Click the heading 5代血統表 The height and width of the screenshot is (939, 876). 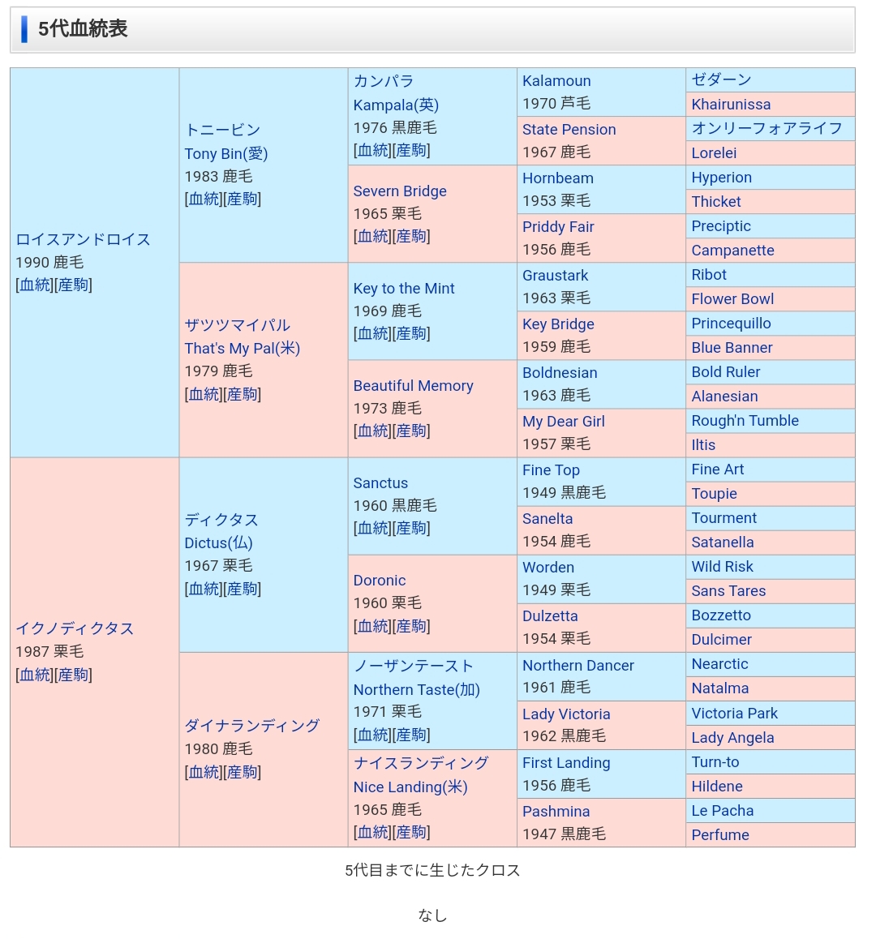83,29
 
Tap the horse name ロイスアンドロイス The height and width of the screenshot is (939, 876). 83,239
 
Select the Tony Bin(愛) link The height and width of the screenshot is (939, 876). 225,153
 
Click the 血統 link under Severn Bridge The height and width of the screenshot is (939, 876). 373,236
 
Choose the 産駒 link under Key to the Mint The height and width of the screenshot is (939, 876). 411,333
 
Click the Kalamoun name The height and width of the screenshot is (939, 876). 556,81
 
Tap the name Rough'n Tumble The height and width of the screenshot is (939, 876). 745,421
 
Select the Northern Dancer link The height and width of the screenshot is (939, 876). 578,666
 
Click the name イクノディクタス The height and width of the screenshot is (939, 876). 75,628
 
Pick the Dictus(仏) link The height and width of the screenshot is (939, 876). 218,543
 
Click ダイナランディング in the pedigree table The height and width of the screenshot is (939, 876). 251,726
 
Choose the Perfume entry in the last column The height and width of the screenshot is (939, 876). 720,835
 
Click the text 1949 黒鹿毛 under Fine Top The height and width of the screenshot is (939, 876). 564,492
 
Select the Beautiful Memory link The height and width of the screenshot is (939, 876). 413,386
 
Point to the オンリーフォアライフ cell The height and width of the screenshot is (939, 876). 766,129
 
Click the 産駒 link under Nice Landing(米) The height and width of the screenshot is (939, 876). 411,832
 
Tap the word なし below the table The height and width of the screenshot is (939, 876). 432,915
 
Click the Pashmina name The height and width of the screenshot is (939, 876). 556,812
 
